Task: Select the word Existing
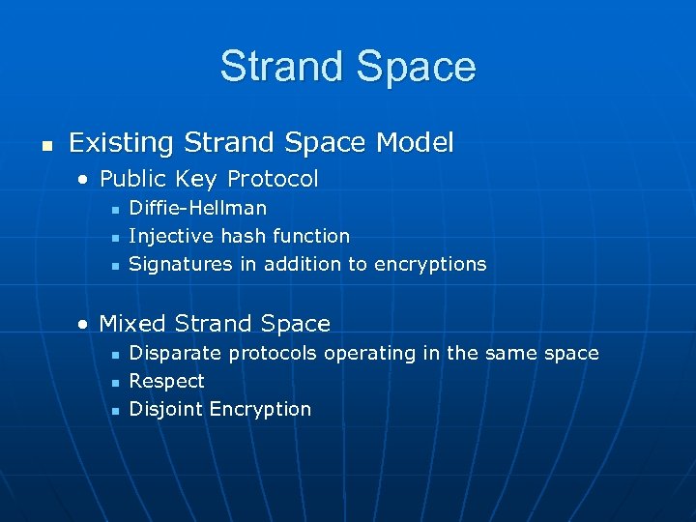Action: pyautogui.click(x=121, y=143)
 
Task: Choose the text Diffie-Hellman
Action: pyautogui.click(x=198, y=208)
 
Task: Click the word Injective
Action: pyautogui.click(x=167, y=236)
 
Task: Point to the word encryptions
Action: pyautogui.click(x=431, y=264)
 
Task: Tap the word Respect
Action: pyautogui.click(x=166, y=381)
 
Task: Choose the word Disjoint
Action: pyautogui.click(x=165, y=409)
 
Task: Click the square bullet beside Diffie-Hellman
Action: pyautogui.click(x=114, y=209)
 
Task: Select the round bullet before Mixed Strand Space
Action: pyautogui.click(x=85, y=324)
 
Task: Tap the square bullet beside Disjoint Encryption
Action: pyautogui.click(x=114, y=410)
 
